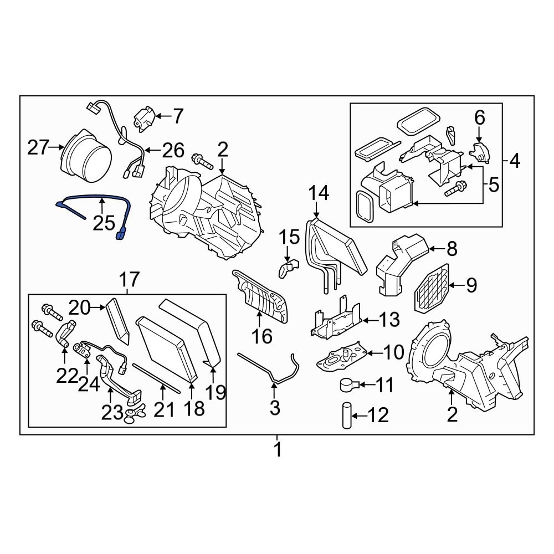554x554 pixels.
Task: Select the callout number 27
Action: (39, 148)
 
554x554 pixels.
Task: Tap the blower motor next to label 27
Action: (86, 152)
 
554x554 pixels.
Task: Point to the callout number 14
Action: (319, 194)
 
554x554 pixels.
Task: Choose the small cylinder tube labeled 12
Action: (346, 415)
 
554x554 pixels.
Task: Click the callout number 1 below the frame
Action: (278, 449)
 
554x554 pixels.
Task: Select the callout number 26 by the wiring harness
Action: (172, 150)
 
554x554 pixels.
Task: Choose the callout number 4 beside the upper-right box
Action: (515, 162)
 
